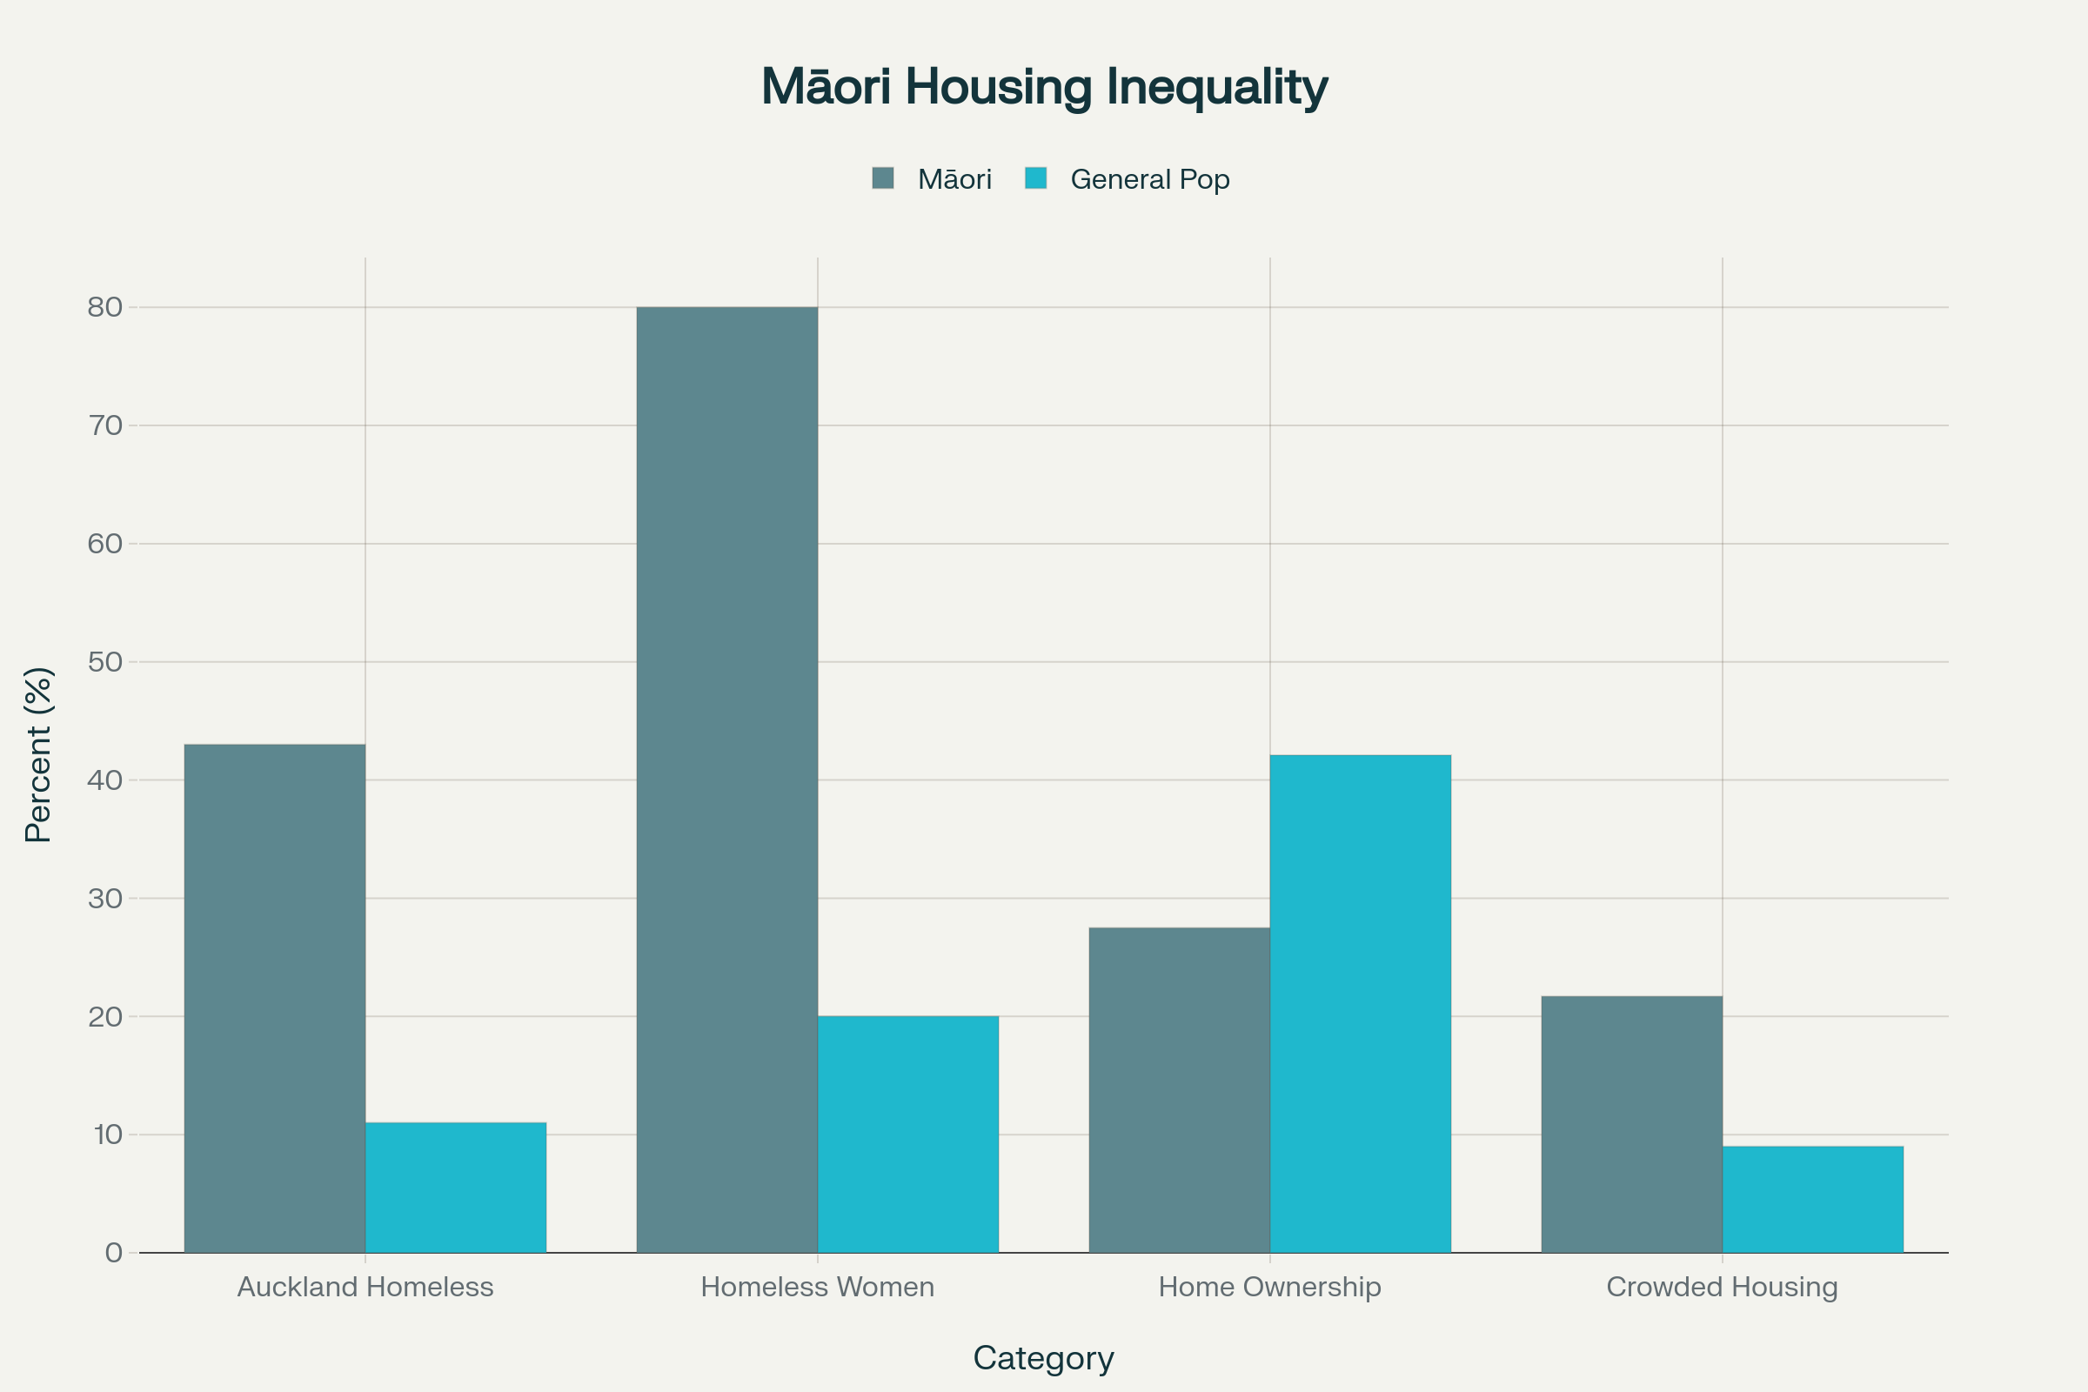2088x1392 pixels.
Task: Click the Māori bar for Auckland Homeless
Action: pos(274,999)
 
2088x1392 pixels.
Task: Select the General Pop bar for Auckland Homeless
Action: pos(455,1188)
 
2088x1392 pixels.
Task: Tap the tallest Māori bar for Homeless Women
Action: pos(727,780)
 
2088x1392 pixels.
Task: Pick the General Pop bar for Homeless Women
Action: pos(908,1134)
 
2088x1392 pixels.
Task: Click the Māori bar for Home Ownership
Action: pos(1179,1090)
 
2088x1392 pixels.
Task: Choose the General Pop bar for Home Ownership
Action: pos(1360,1004)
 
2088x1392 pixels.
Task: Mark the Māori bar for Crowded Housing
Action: pos(1632,1125)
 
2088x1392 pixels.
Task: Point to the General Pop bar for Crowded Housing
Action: pos(1813,1200)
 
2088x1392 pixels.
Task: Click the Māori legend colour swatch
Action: pos(882,178)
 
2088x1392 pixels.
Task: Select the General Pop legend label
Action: pos(1149,179)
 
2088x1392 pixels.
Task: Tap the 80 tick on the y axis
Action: pos(104,307)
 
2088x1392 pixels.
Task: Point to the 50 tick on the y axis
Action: pos(104,662)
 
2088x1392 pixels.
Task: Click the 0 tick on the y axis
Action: pos(114,1253)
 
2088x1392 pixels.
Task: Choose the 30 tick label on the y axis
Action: pos(104,899)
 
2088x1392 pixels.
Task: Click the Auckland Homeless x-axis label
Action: pos(365,1288)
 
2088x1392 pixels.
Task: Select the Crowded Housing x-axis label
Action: pos(1723,1288)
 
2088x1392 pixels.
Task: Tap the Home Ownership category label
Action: pos(1269,1288)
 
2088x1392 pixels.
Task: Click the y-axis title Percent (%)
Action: pos(39,754)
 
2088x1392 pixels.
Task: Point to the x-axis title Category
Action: pos(1043,1358)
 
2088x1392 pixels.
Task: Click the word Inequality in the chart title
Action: pos(1216,87)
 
